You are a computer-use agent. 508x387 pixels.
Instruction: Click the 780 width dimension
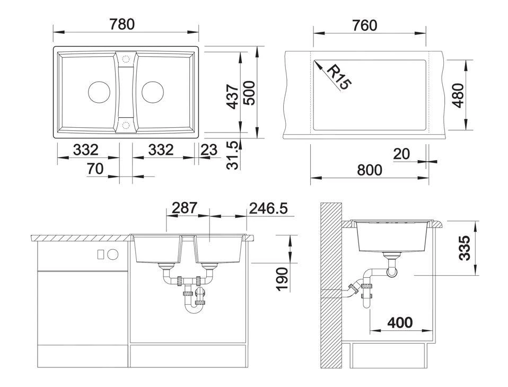[122, 24]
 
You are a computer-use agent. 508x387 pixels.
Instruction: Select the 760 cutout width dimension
[364, 25]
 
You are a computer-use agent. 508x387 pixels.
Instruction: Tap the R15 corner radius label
[339, 77]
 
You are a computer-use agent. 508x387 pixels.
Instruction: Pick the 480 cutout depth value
[458, 95]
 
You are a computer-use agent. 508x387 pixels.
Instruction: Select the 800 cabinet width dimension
[370, 170]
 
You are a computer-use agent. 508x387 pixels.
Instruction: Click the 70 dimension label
[95, 169]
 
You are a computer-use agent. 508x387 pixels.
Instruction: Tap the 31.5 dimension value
[233, 155]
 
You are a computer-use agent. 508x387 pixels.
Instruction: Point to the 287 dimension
[184, 208]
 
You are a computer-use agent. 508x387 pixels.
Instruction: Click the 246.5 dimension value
[268, 208]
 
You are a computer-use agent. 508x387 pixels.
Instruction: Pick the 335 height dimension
[465, 248]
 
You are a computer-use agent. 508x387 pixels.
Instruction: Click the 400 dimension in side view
[400, 322]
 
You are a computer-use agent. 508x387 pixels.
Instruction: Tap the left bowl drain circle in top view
[99, 92]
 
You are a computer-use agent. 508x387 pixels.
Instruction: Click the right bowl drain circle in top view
[153, 92]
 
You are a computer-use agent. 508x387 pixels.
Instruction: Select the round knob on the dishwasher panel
[113, 254]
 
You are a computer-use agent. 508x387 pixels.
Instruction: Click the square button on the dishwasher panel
[101, 254]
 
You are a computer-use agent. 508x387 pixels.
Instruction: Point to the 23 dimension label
[208, 150]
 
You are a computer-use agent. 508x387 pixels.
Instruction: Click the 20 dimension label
[401, 154]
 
